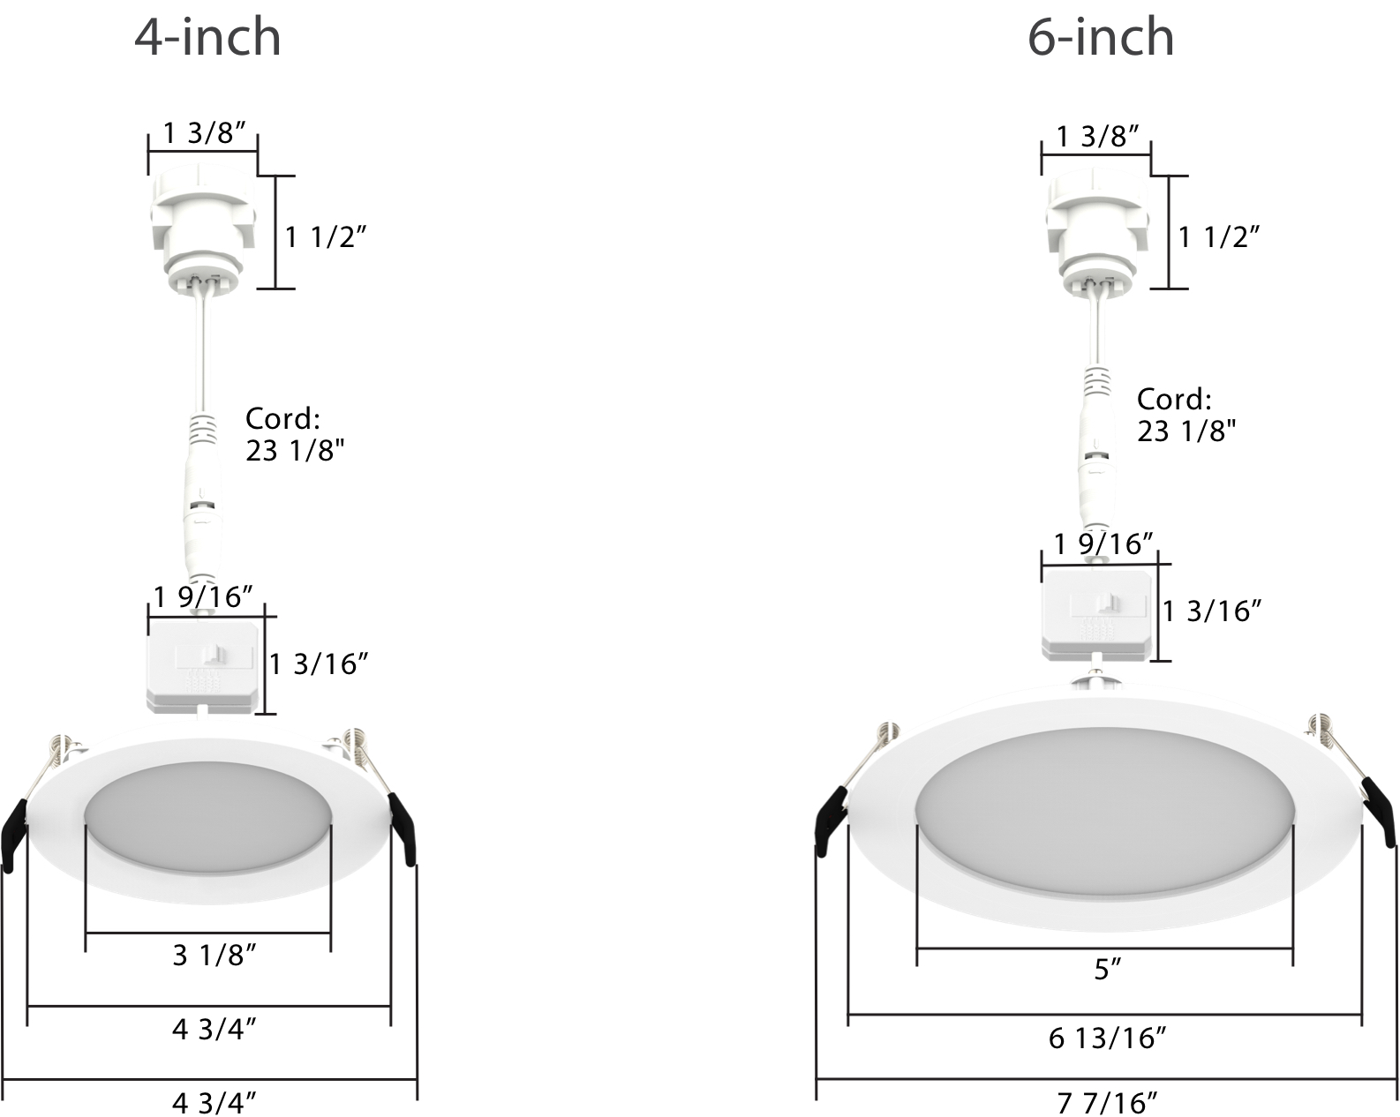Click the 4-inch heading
click(x=207, y=38)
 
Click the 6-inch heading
click(x=1101, y=38)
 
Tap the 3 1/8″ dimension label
click(x=215, y=956)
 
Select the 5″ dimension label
click(x=1108, y=970)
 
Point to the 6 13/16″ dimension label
click(x=1107, y=1038)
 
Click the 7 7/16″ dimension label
click(x=1107, y=1103)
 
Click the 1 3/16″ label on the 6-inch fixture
click(x=1212, y=611)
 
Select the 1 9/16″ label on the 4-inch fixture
click(x=203, y=596)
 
